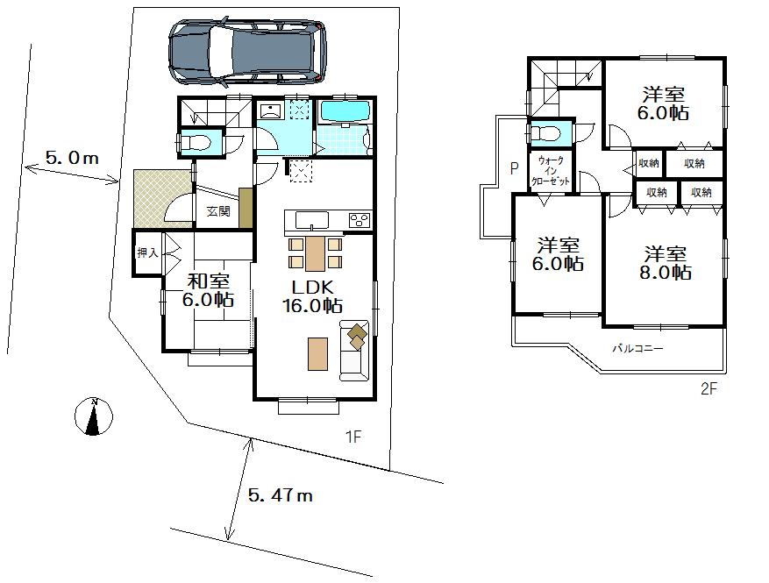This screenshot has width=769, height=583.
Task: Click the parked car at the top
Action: tap(247, 53)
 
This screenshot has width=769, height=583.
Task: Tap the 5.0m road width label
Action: tap(71, 159)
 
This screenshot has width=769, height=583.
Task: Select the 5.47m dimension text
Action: tap(280, 495)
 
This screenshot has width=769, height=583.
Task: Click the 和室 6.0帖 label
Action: tap(209, 290)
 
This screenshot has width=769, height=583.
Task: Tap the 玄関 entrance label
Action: tap(218, 211)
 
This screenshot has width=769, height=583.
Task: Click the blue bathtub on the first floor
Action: tap(345, 112)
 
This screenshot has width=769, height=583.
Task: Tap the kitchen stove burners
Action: tap(360, 219)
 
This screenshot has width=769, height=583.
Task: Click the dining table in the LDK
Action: tap(314, 253)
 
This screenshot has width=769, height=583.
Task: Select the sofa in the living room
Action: tap(355, 351)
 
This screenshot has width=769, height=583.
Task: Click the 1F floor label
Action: tap(352, 435)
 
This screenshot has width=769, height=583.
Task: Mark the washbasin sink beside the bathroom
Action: tap(270, 111)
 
